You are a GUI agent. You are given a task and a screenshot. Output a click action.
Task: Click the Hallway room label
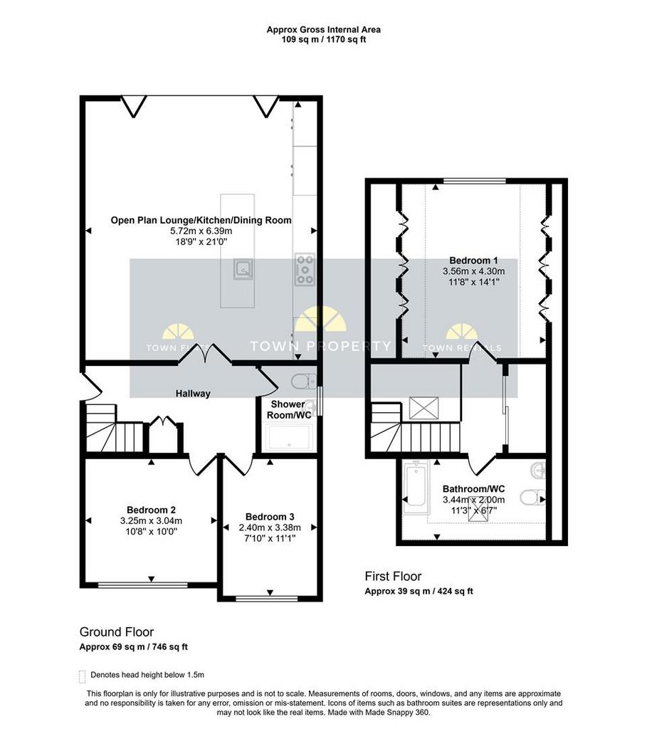tap(193, 393)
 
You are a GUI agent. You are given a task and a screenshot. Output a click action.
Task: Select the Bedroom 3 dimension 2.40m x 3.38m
tap(270, 528)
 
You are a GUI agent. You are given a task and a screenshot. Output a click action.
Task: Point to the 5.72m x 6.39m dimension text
tap(201, 231)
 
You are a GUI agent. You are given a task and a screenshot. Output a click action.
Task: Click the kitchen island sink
tap(243, 268)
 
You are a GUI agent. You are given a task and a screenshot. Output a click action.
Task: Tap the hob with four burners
tap(305, 269)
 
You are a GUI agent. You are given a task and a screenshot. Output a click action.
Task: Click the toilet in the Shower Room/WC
tap(304, 382)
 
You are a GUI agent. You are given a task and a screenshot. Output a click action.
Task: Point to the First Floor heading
tap(393, 577)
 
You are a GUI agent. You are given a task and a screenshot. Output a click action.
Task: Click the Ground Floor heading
tap(117, 632)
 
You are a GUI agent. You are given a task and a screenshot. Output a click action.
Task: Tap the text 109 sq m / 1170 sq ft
tap(323, 40)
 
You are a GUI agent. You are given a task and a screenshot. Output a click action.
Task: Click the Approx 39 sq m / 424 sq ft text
tap(419, 592)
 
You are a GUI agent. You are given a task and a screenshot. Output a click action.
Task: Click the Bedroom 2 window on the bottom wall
tap(142, 584)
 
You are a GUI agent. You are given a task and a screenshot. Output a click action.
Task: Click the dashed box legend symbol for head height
tap(83, 676)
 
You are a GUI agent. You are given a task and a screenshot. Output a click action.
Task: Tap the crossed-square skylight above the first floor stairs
tap(424, 408)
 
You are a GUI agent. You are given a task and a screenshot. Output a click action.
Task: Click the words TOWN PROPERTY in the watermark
tap(321, 346)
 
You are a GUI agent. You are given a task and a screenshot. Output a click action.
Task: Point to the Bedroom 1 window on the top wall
tap(474, 181)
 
